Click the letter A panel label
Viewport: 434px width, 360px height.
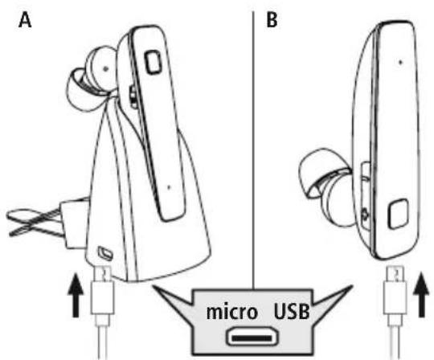point(25,21)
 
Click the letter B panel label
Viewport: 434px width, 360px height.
point(272,20)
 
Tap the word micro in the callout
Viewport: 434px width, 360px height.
point(232,312)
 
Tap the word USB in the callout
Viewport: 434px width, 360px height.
point(292,312)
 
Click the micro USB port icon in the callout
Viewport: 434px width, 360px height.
point(252,337)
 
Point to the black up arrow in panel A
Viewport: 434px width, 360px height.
point(76,295)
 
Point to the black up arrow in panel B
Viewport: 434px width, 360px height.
point(422,295)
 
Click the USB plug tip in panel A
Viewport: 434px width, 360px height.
point(103,274)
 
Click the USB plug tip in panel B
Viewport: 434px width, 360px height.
point(395,274)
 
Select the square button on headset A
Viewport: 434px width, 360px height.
point(153,62)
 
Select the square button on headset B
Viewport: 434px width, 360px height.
point(399,214)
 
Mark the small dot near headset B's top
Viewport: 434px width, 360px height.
point(400,62)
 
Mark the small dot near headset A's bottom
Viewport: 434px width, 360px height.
point(169,187)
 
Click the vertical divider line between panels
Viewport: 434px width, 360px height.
point(253,151)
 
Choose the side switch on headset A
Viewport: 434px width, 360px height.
point(133,97)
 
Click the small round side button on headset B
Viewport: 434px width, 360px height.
point(365,215)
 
